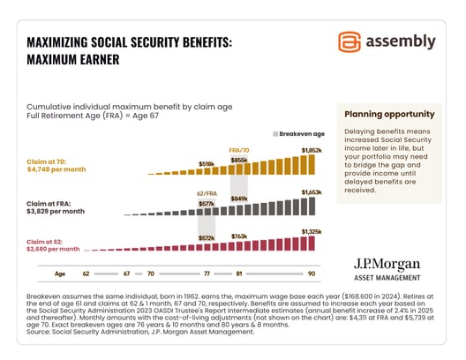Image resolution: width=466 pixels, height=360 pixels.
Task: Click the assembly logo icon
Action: pos(350,42)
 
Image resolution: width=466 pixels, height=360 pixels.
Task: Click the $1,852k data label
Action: pos(311,151)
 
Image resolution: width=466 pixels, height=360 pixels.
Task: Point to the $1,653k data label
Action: pos(312,191)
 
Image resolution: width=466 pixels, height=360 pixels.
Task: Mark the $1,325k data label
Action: pos(312,232)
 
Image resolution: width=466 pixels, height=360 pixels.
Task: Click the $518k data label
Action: pos(207,164)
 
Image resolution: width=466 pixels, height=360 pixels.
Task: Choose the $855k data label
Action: pos(238,160)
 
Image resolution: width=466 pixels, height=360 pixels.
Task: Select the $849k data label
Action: pos(238,199)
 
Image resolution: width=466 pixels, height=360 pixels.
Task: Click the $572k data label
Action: pos(207,239)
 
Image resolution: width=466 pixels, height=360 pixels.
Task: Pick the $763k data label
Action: pos(238,236)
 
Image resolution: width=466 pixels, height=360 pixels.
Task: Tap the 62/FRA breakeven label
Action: pos(207,191)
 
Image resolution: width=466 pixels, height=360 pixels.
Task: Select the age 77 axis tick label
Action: pos(207,274)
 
